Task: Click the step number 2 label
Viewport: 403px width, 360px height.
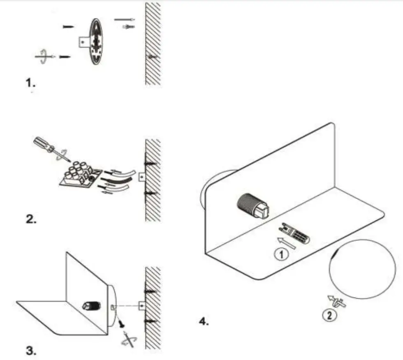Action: pos(31,219)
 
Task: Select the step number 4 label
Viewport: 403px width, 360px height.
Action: pos(204,321)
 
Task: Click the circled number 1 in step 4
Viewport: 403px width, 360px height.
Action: pos(280,255)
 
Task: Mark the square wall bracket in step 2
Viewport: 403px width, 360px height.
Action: pos(141,176)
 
